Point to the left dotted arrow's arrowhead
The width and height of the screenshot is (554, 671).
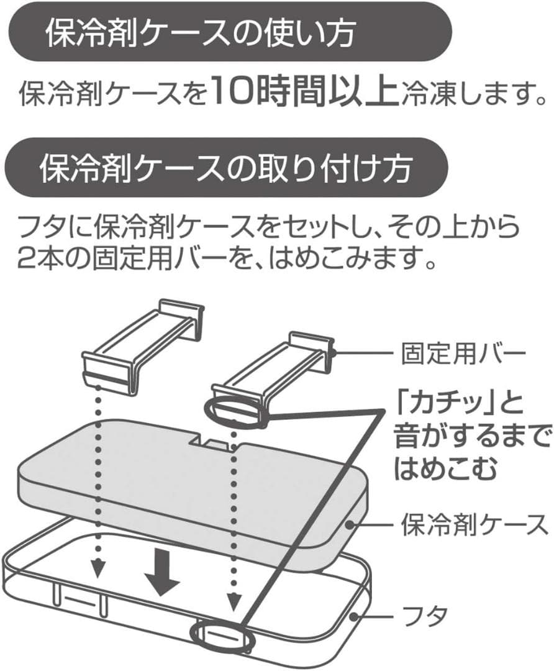pos(96,567)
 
